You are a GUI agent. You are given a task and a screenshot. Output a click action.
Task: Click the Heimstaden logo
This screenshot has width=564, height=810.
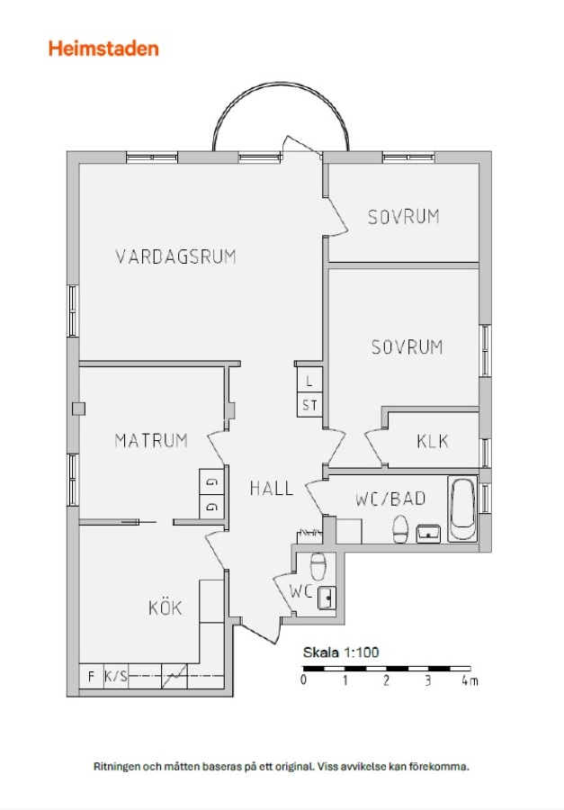coord(103,49)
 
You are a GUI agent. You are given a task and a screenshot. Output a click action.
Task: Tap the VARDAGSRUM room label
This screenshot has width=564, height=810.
coord(175,256)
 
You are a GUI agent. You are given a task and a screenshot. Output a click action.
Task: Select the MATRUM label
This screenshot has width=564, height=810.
coord(151,441)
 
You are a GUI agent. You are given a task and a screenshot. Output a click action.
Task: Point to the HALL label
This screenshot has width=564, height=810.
coord(272,488)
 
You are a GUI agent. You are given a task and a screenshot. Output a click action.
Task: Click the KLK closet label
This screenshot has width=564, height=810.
coord(433,441)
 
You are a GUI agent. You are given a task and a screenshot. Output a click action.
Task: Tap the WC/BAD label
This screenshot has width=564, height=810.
coord(391,499)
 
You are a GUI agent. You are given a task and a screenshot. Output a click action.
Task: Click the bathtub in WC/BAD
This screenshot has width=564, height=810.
coord(462,508)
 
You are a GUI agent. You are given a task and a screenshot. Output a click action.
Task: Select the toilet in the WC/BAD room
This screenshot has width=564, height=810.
coord(401,530)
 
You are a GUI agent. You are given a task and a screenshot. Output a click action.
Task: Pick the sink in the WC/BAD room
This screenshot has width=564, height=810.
coord(429,534)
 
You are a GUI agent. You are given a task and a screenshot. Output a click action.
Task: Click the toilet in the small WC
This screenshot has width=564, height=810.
coord(318,566)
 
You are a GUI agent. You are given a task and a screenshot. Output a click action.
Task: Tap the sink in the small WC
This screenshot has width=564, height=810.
coord(327,598)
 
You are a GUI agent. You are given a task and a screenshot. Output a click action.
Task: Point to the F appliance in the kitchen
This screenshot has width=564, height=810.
coord(92,676)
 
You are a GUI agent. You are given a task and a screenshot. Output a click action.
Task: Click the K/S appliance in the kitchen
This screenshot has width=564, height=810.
coord(116,676)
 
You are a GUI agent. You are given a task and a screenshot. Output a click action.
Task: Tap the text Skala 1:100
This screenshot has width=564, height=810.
coord(341,652)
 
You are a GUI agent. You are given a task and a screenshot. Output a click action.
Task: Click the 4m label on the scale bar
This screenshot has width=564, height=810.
coord(470,680)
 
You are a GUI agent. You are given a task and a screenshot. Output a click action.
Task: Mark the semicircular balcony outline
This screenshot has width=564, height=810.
coord(281,83)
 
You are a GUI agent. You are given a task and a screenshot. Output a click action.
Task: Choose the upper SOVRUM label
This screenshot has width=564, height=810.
coord(404,217)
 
